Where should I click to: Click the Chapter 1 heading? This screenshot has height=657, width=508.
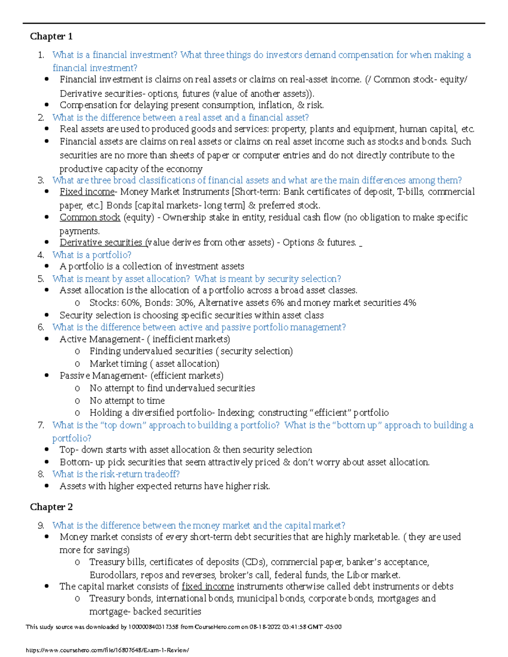pyautogui.click(x=51, y=36)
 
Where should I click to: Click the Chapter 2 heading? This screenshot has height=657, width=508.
pyautogui.click(x=51, y=507)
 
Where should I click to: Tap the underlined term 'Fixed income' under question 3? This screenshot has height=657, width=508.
pyautogui.click(x=87, y=192)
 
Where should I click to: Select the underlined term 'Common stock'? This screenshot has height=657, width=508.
pyautogui.click(x=90, y=217)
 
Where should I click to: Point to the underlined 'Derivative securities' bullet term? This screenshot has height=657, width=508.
pyautogui.click(x=102, y=242)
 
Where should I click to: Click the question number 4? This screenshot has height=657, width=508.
pyautogui.click(x=41, y=255)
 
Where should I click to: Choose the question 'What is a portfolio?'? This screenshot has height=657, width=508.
pyautogui.click(x=91, y=255)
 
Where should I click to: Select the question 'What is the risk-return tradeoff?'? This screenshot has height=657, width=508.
pyautogui.click(x=116, y=474)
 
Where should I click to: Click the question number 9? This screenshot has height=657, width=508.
pyautogui.click(x=41, y=525)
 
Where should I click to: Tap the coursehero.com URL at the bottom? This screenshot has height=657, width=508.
pyautogui.click(x=108, y=650)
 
